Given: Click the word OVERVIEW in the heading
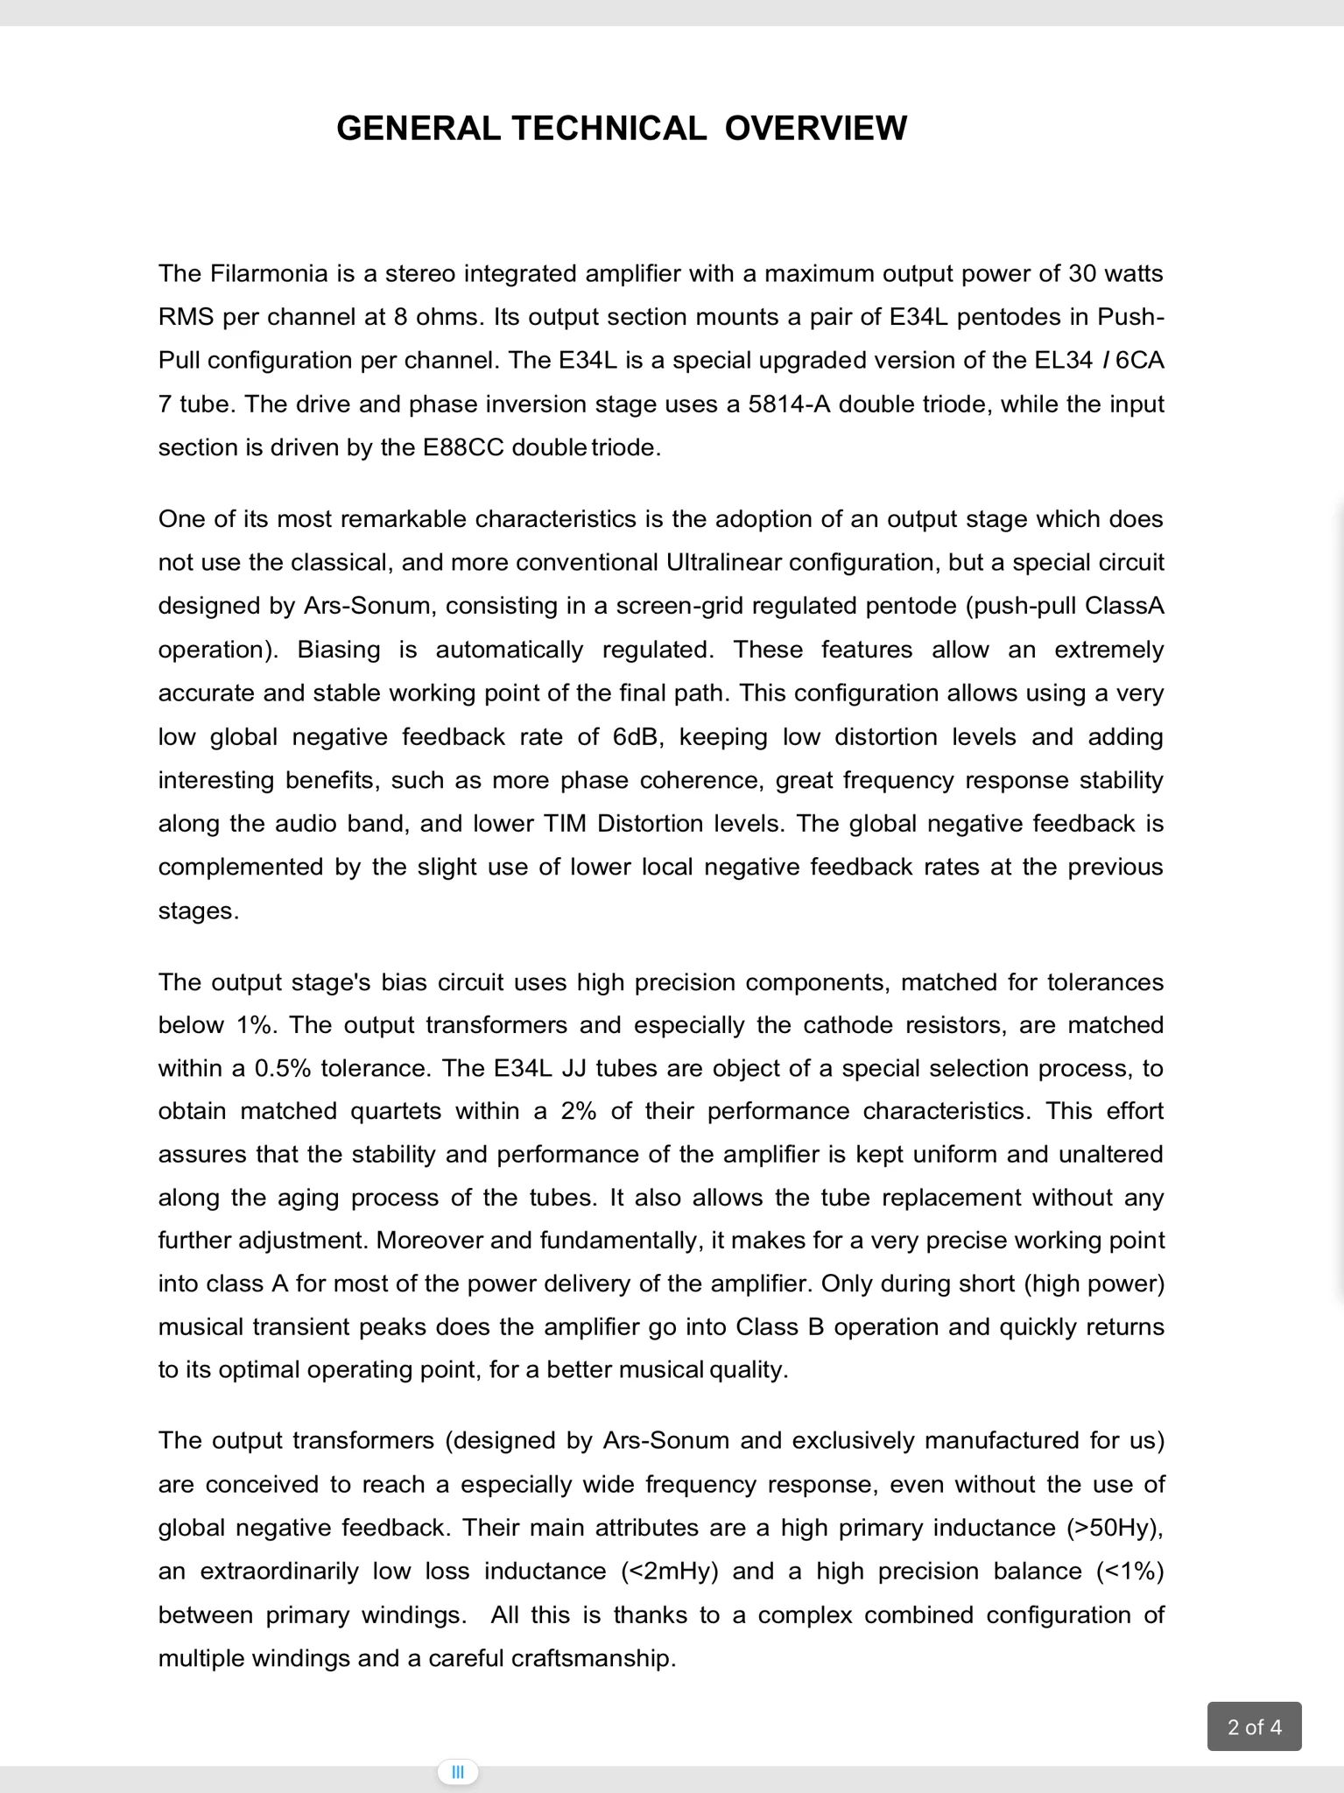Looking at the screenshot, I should [x=815, y=128].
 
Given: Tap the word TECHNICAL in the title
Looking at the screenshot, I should [x=609, y=128].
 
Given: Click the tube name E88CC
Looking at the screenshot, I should [x=463, y=448].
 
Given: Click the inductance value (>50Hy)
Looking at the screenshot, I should [x=1115, y=1528].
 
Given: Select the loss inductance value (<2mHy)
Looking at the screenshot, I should [x=669, y=1572].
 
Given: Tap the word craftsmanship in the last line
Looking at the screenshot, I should [x=593, y=1658].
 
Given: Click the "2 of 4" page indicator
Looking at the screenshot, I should [x=1254, y=1726].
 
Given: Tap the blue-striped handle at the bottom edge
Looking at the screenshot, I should [x=457, y=1773].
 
